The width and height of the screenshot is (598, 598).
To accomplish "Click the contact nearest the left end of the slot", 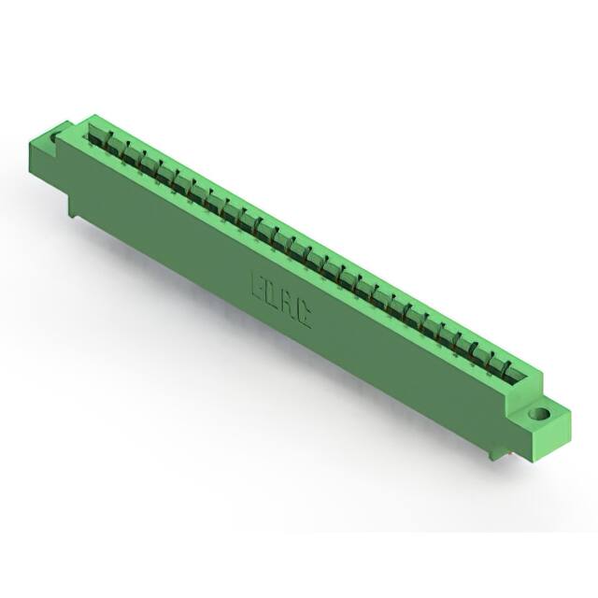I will click(95, 135).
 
